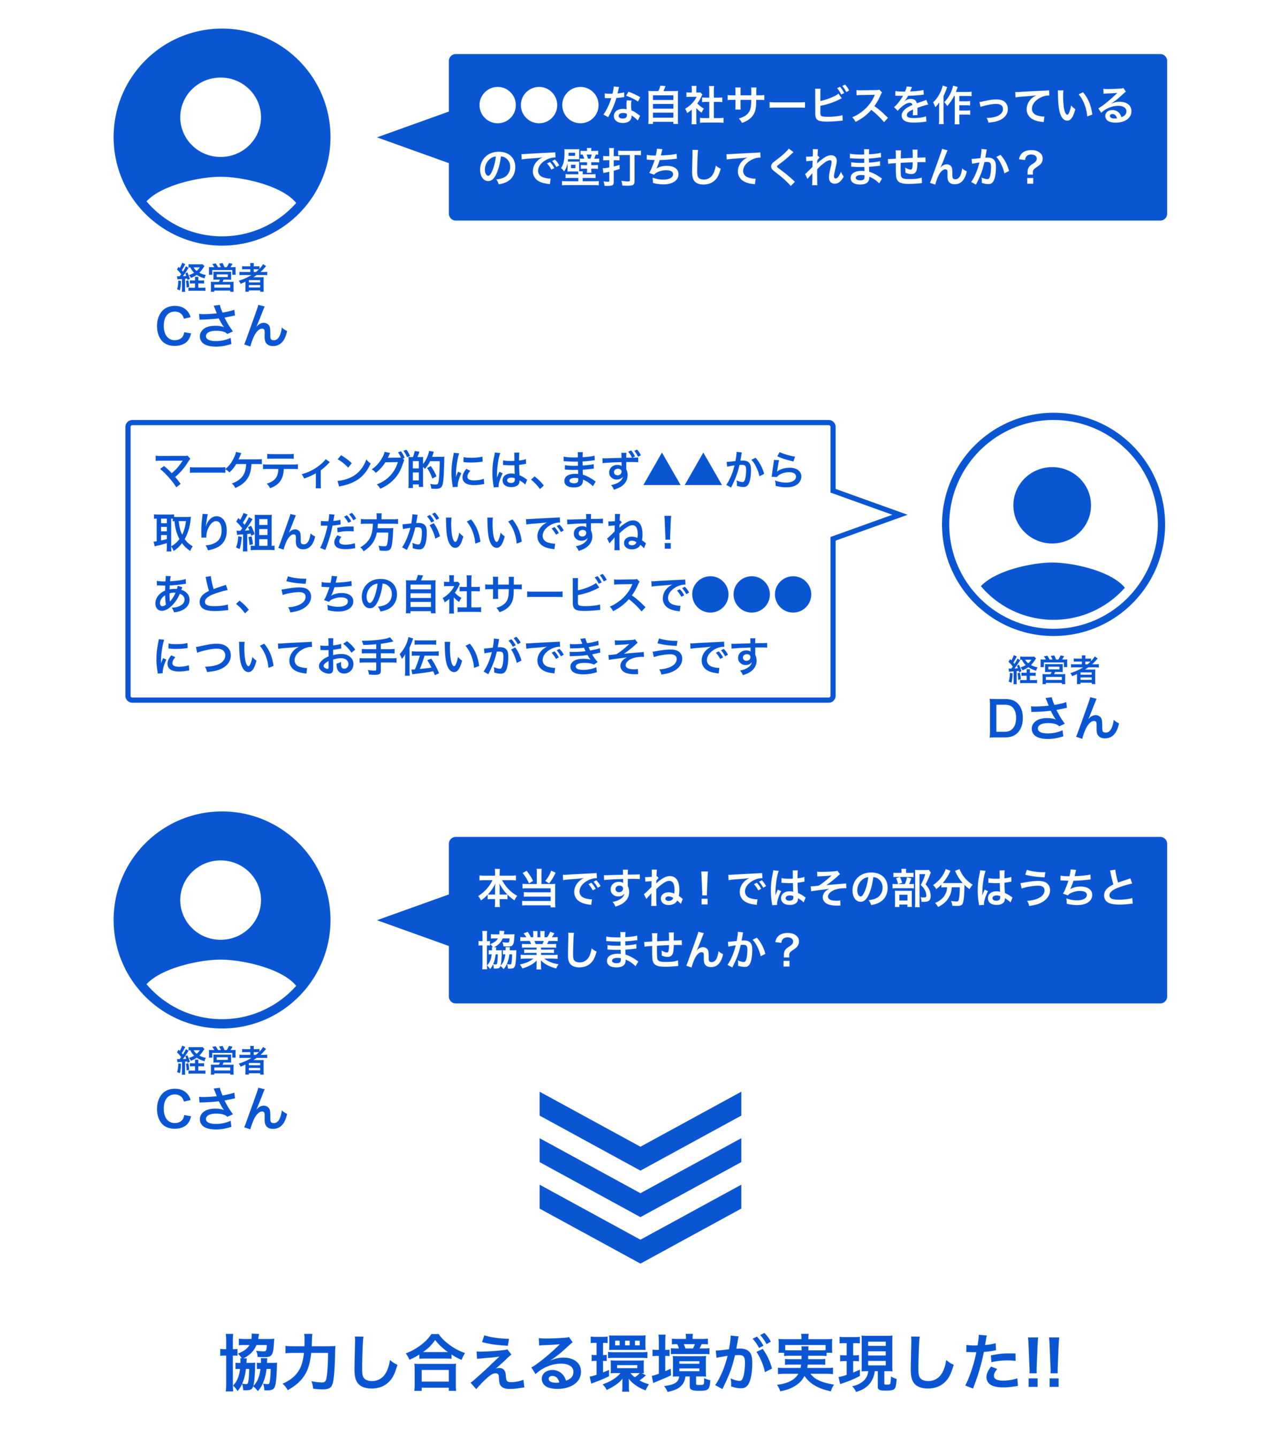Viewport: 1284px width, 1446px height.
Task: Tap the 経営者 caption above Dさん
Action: tap(1053, 670)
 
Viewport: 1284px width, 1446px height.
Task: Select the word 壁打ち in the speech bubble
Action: tap(622, 168)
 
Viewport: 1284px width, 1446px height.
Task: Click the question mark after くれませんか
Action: tap(1032, 168)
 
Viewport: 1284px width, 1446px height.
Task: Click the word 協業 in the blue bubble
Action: tap(519, 950)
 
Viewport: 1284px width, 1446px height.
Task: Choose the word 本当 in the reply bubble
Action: tap(518, 888)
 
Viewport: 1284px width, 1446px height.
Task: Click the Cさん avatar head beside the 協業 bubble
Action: tap(221, 900)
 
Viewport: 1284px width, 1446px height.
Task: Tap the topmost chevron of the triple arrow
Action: tap(640, 1126)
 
